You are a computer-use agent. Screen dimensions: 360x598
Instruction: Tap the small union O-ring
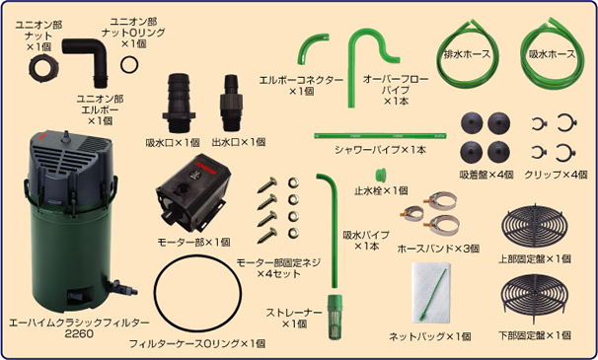(129, 63)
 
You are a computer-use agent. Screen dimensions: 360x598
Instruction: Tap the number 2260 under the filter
(79, 335)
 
